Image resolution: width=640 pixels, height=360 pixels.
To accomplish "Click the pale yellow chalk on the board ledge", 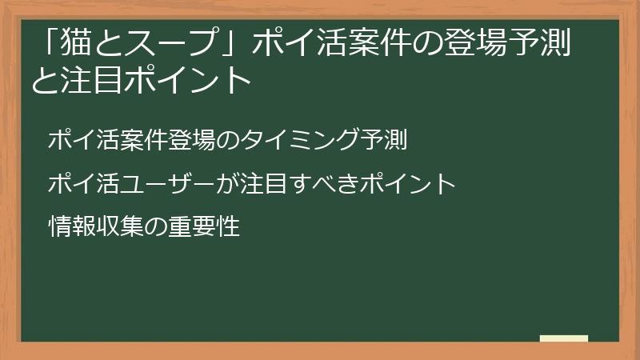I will pyautogui.click(x=564, y=338).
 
